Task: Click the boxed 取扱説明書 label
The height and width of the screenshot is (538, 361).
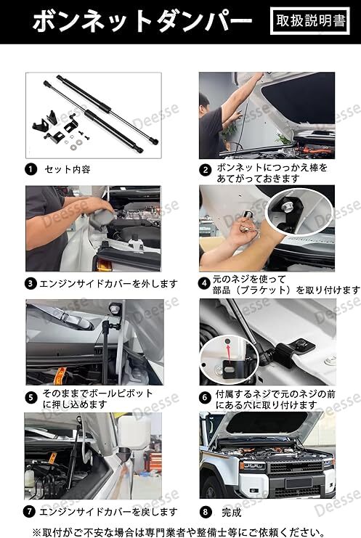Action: [310, 21]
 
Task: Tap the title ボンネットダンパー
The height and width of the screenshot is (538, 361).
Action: [142, 21]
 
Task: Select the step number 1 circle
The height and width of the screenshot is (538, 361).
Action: [31, 169]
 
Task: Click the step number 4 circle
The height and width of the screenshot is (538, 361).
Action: [205, 283]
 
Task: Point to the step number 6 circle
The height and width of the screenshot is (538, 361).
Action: [205, 398]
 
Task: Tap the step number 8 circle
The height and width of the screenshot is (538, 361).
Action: [206, 512]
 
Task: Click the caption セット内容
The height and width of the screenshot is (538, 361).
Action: [68, 169]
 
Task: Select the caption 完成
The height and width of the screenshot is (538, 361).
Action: [232, 513]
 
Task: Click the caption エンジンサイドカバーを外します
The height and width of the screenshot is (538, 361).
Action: [109, 284]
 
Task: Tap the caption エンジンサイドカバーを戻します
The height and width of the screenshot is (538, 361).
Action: [109, 512]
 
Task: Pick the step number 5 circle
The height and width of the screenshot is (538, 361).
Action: [31, 398]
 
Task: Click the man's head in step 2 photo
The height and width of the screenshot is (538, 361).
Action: [204, 102]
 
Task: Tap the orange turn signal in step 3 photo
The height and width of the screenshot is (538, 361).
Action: [104, 264]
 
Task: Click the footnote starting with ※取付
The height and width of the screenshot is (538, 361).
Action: [179, 531]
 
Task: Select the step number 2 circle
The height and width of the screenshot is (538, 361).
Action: [206, 169]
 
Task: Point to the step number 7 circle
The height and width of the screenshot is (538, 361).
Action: [29, 512]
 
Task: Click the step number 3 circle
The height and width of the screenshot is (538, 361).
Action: [31, 284]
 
